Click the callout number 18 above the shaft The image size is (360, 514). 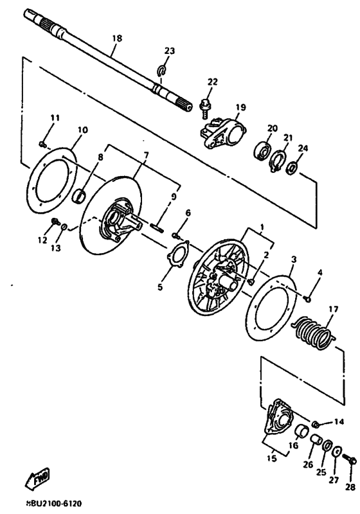pyautogui.click(x=116, y=39)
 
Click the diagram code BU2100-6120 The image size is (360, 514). pyautogui.click(x=53, y=504)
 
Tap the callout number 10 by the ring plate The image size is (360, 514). pyautogui.click(x=82, y=129)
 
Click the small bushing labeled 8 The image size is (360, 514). pyautogui.click(x=82, y=193)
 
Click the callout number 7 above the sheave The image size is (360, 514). pyautogui.click(x=146, y=155)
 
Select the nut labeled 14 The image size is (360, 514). pyautogui.click(x=316, y=423)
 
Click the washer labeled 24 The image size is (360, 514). pyautogui.click(x=292, y=168)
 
